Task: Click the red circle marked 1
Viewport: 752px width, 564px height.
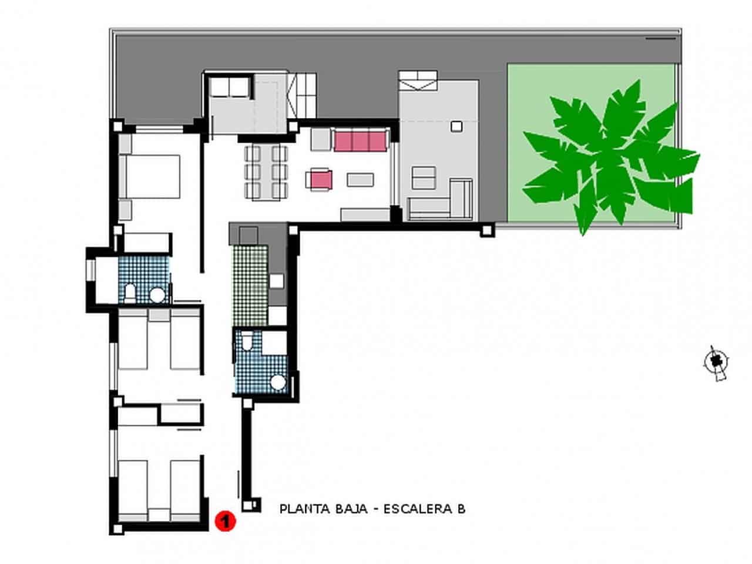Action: (225, 521)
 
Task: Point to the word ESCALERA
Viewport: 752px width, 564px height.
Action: (418, 509)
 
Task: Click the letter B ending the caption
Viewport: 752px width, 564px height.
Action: (461, 509)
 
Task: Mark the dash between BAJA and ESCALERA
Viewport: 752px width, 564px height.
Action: (376, 509)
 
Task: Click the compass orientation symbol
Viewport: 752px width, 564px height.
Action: (716, 361)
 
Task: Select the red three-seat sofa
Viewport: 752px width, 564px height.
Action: (360, 141)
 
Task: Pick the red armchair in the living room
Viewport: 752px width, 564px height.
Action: (320, 179)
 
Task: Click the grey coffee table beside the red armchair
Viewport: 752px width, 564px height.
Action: (360, 179)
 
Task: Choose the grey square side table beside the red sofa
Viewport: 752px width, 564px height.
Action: (321, 140)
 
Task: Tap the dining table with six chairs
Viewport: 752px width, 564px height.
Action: (266, 172)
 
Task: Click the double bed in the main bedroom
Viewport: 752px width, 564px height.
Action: (150, 176)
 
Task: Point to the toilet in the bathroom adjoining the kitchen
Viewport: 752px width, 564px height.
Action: (248, 341)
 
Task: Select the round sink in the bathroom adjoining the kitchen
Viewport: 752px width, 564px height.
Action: (278, 384)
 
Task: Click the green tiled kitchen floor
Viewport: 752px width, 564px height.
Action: (250, 285)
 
